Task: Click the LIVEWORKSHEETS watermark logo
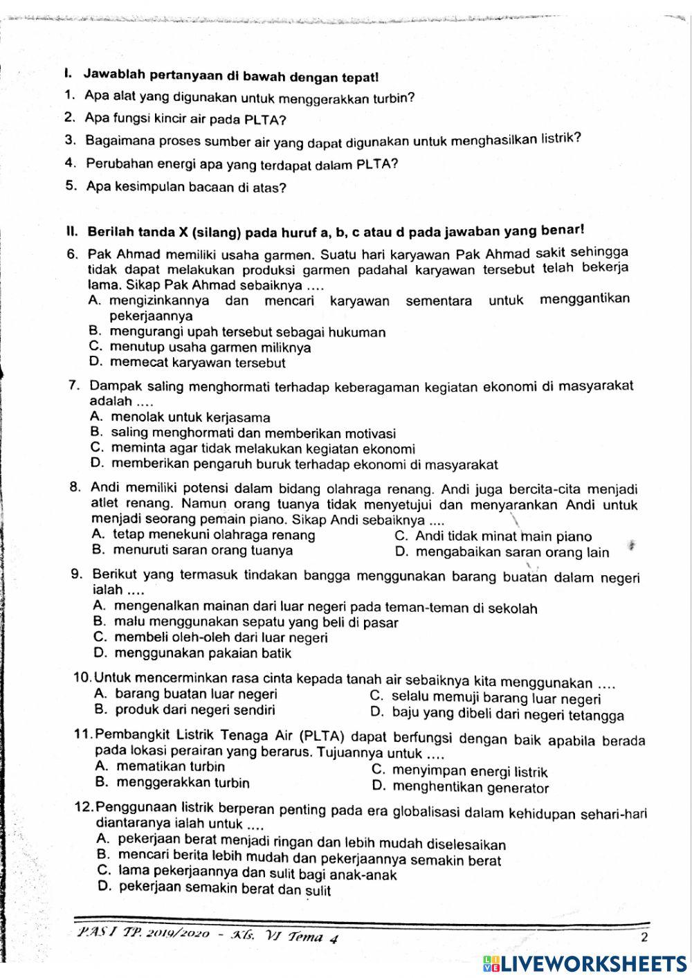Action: tap(585, 964)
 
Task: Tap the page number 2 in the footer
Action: tap(644, 938)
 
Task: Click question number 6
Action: tap(73, 255)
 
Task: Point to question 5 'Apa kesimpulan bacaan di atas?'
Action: tap(185, 187)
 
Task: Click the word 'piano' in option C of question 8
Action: tap(574, 536)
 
